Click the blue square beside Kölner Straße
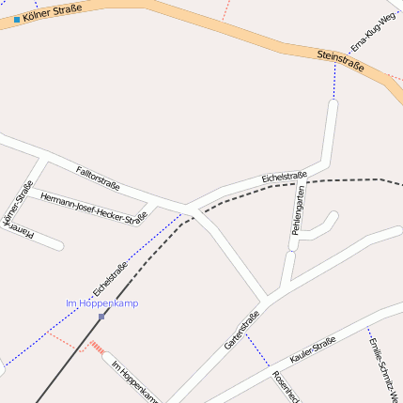17,19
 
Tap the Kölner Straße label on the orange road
52,12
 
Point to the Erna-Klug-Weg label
373,33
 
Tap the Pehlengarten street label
298,209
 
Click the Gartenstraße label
241,330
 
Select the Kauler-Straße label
313,351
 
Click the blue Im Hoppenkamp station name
101,303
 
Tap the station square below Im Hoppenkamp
101,317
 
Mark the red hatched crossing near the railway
97,348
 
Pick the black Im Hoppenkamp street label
132,381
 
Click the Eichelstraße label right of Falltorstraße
285,176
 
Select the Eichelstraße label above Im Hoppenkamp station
111,278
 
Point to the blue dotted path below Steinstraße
334,85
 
